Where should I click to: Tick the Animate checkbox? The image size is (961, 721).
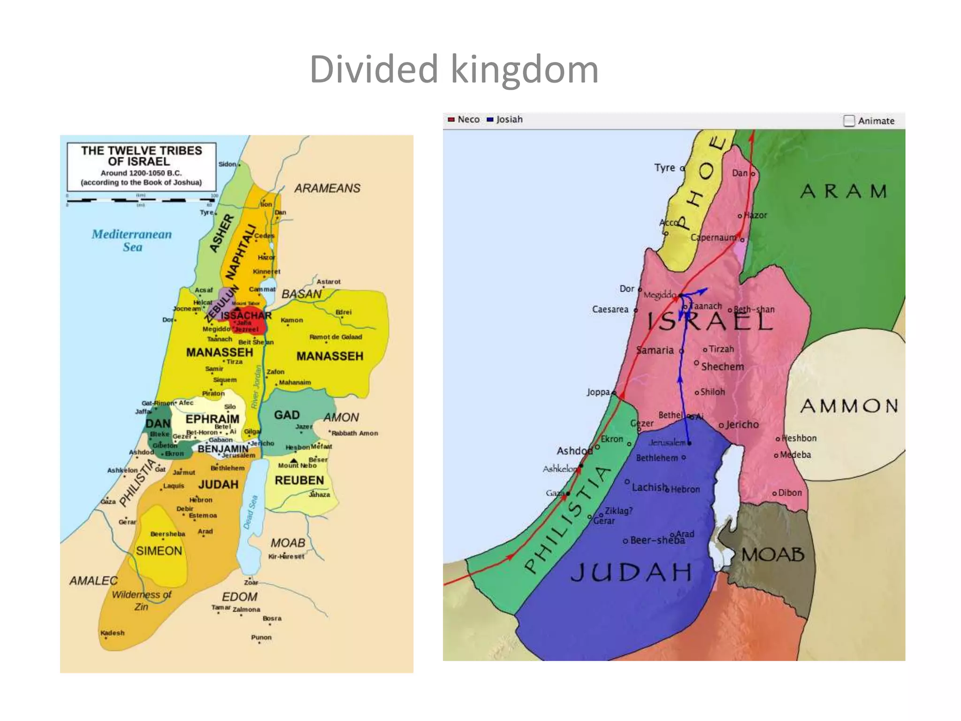849,121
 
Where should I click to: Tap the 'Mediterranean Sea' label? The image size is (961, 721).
132,240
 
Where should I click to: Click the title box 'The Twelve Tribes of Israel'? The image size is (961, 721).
141,166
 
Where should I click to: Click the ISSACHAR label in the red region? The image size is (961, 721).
246,315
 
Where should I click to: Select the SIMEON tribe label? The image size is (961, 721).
159,551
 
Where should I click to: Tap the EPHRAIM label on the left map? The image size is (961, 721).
212,419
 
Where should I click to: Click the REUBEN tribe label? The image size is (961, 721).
299,480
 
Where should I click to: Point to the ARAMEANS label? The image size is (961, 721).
327,188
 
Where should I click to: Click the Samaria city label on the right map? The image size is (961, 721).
655,350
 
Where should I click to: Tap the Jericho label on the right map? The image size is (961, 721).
742,425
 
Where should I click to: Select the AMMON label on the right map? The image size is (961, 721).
849,406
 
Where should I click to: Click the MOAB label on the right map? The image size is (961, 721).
773,555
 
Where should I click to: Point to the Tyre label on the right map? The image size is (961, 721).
664,168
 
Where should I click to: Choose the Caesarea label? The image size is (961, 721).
610,309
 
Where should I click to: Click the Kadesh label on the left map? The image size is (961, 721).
113,633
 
